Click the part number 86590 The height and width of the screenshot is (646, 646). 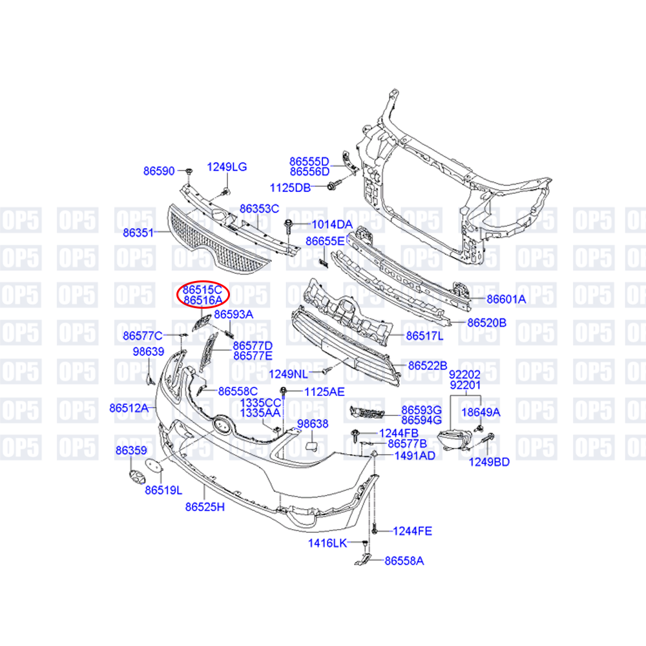tap(159, 171)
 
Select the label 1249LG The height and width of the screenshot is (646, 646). tap(227, 167)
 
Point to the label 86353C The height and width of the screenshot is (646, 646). tap(259, 209)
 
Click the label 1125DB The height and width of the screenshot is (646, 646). tap(290, 187)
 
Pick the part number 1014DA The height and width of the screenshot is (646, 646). tap(332, 224)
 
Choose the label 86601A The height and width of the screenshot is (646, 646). tap(506, 299)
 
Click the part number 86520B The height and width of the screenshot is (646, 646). tap(486, 322)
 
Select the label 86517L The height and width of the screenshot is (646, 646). tap(424, 336)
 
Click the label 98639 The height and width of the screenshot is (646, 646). tap(149, 351)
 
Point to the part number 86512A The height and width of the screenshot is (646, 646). tap(129, 408)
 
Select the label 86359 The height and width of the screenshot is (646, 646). tap(131, 450)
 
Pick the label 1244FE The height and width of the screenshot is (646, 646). tap(412, 531)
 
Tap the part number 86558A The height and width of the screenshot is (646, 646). tap(404, 561)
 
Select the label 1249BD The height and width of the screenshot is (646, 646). tap(489, 461)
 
